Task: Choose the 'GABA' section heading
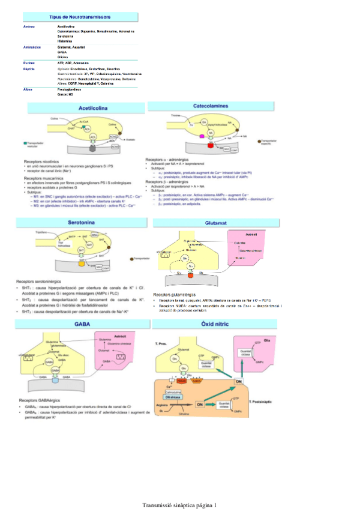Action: pos(82,324)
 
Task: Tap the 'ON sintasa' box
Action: pos(172,397)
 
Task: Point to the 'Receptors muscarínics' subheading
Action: pos(44,178)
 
